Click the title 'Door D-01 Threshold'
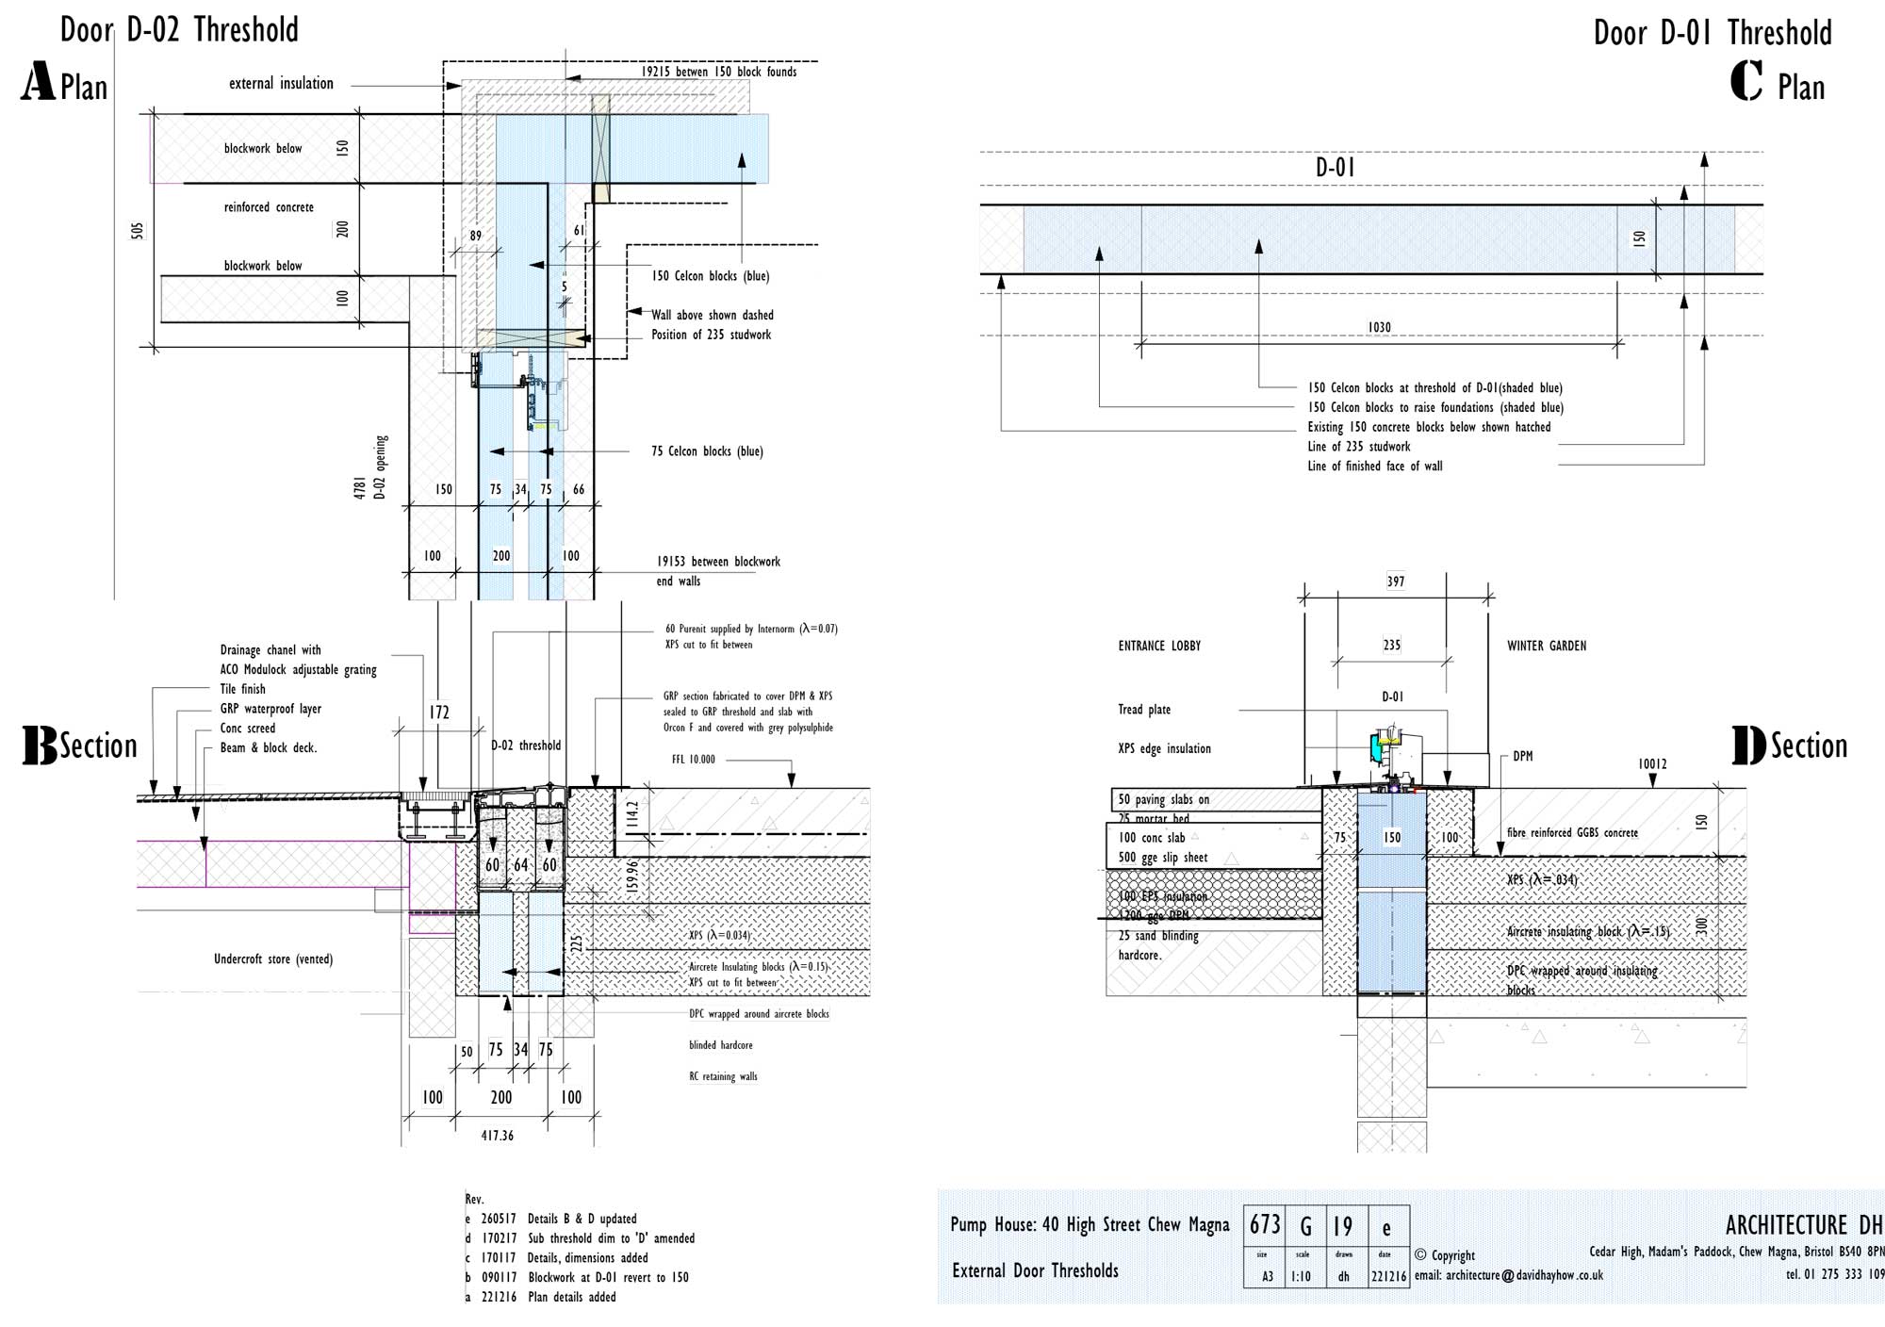pos(1713,33)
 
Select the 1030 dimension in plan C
pos(1379,327)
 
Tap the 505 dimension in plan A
pos(138,231)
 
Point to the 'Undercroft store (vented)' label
pos(272,959)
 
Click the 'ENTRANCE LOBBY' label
pos(1159,646)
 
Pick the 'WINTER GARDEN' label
pos(1546,646)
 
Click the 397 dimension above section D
pos(1395,582)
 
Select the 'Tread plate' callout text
pos(1144,710)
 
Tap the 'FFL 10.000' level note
pos(694,759)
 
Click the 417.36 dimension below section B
pos(497,1136)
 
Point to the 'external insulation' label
pos(281,84)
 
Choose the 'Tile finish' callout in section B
pos(242,689)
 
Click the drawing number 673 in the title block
pos(1265,1224)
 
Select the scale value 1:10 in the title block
pos(1302,1276)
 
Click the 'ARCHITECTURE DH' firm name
pos(1803,1225)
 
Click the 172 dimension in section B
pos(439,713)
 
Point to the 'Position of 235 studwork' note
pos(711,335)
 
